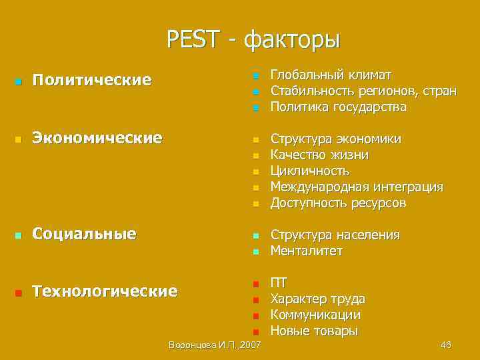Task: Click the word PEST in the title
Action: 193,39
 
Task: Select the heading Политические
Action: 92,81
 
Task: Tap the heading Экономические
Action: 97,138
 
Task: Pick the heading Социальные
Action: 85,234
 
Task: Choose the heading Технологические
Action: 105,291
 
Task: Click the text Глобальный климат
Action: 331,75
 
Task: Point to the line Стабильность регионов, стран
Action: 363,91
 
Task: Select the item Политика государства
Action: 338,107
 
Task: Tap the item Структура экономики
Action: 335,139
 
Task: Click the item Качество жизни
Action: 319,155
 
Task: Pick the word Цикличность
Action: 309,171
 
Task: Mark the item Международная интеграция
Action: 356,187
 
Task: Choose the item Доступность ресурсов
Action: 337,203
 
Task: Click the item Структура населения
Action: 335,235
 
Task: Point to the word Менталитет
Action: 306,251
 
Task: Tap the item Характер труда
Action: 317,299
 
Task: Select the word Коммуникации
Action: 315,315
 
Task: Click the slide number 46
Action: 446,345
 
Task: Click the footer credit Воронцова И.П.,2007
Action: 215,345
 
